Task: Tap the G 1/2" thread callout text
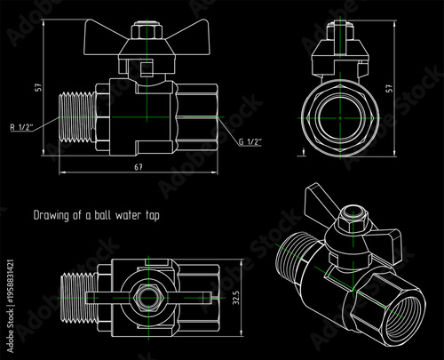click(x=251, y=141)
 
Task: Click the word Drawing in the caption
click(x=49, y=214)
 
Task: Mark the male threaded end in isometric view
click(x=295, y=258)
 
